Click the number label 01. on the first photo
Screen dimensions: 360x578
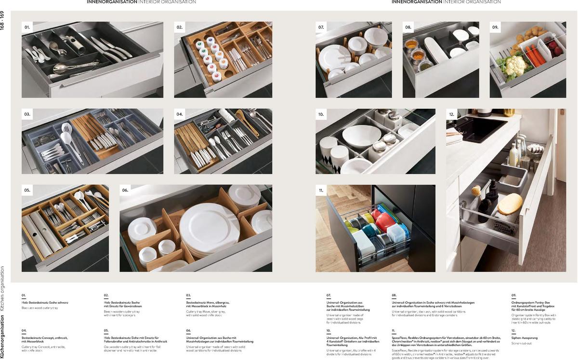pyautogui.click(x=27, y=28)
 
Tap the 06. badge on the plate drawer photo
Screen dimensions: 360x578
pyautogui.click(x=125, y=191)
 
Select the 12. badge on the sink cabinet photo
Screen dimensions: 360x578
pyautogui.click(x=452, y=115)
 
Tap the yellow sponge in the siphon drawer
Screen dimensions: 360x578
pyautogui.click(x=510, y=204)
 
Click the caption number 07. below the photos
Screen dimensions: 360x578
pyautogui.click(x=328, y=295)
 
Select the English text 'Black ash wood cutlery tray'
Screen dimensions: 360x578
pyautogui.click(x=39, y=308)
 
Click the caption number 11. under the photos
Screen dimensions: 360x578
pyautogui.click(x=394, y=331)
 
